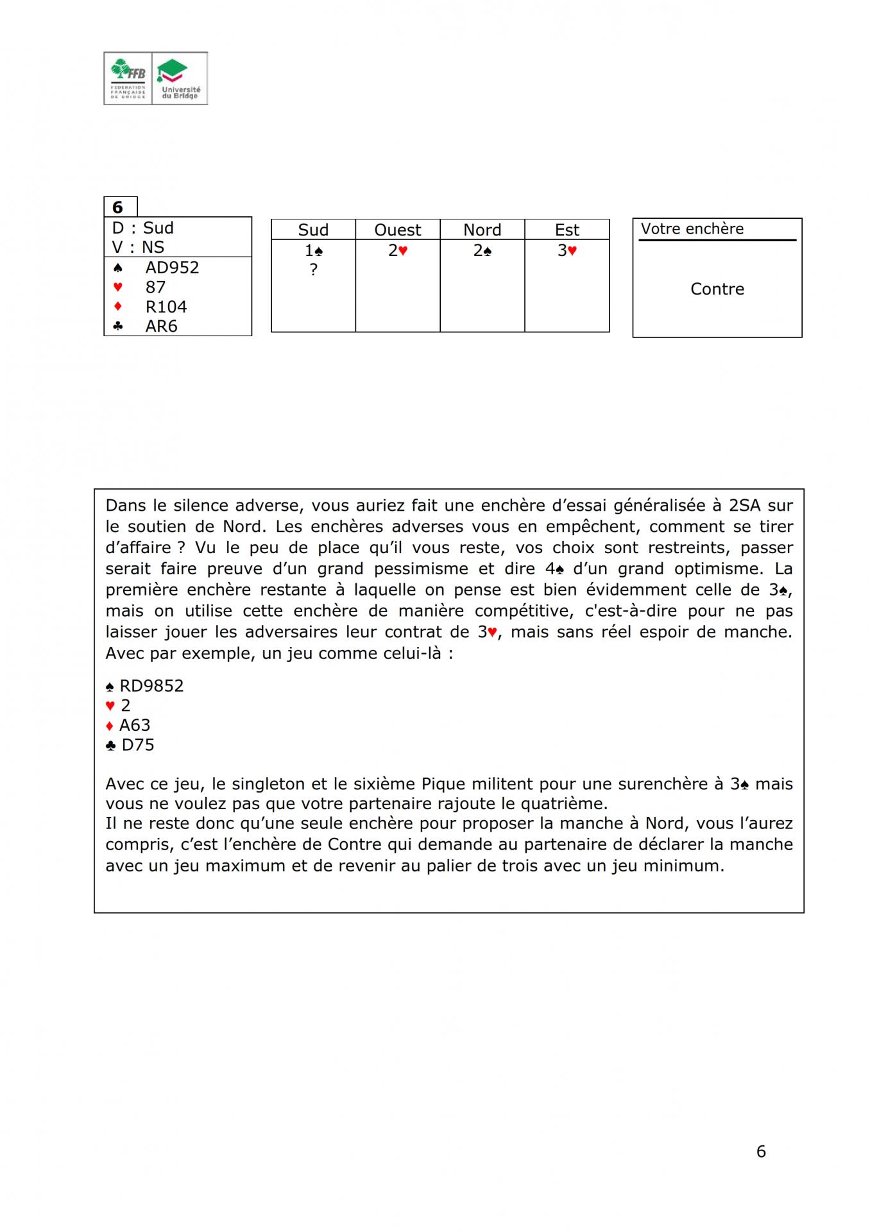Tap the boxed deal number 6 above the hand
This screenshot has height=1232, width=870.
point(118,207)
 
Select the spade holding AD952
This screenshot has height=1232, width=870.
point(172,268)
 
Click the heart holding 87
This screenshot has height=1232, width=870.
point(155,287)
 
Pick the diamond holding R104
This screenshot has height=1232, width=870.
point(166,307)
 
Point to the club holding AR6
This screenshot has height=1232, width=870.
point(161,326)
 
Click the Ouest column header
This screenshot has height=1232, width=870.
point(398,230)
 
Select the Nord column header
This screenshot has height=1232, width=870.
point(482,230)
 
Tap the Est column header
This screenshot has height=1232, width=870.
point(567,230)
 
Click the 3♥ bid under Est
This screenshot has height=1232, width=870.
point(567,251)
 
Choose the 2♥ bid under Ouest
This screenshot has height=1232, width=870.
point(398,251)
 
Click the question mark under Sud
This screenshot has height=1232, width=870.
point(313,270)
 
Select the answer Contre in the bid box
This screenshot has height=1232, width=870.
point(717,289)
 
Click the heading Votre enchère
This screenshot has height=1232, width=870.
point(692,229)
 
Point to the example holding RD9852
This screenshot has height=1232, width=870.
point(151,686)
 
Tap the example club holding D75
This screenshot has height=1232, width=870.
point(137,745)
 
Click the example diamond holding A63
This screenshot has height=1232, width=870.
point(135,725)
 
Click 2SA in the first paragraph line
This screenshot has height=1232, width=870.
point(744,506)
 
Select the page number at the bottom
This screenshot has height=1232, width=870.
point(761,1152)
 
